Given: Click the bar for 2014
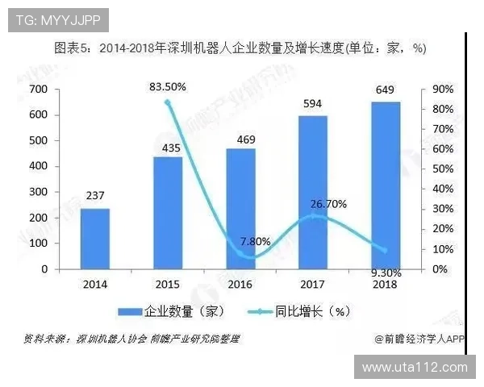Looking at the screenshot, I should [94, 239].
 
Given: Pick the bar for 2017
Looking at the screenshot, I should [313, 192].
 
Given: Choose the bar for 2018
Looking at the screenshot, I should [386, 185].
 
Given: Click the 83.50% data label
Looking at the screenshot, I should [169, 86].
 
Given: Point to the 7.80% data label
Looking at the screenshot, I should [255, 241].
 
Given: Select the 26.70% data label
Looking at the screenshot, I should [328, 204].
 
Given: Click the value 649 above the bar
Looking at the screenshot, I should [386, 90].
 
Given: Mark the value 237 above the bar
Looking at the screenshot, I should [94, 196].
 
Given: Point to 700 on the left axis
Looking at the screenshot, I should [39, 89].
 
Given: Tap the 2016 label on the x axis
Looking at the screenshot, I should [240, 284].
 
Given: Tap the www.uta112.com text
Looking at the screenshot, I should [415, 368].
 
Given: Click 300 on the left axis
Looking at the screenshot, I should [39, 192].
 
